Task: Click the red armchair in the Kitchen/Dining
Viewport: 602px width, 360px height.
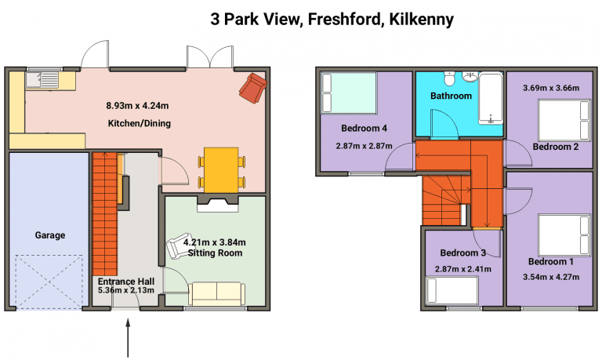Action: [253, 88]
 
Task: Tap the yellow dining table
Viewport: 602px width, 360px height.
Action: [222, 170]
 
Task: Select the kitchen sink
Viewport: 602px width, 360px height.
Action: [42, 80]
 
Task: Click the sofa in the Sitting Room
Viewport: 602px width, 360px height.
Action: [217, 294]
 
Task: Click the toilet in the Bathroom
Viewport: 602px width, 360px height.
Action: [449, 78]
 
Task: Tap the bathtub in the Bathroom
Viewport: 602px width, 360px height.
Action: [490, 98]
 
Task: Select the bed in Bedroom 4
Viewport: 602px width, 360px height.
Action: [349, 93]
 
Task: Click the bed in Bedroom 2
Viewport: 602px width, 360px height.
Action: [564, 120]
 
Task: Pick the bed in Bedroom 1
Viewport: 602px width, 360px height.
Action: [564, 235]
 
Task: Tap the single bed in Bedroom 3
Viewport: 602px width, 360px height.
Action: [452, 290]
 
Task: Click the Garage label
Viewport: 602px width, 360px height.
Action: [50, 235]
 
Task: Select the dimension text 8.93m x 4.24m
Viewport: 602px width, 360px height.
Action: [137, 105]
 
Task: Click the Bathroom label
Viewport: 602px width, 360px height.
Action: [451, 96]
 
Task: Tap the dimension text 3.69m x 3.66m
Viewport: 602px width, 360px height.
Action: [551, 88]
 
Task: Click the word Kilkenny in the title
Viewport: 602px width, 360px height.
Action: [422, 19]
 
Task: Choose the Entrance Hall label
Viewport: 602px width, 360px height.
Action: [126, 282]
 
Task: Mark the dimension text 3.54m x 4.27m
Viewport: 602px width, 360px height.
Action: [551, 277]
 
